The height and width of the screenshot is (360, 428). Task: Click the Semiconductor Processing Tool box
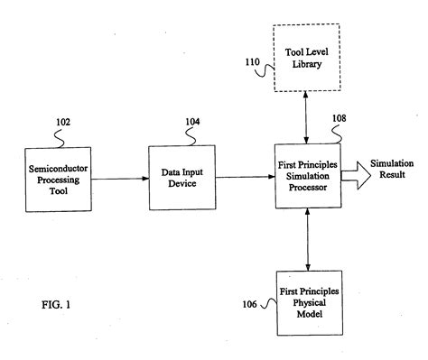[59, 180]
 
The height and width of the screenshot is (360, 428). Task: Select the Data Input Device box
[182, 178]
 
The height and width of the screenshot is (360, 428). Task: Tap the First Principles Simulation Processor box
[308, 176]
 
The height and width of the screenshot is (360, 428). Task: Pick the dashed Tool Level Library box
[307, 58]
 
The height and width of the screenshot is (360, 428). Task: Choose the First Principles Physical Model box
[310, 303]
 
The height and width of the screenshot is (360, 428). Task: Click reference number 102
[63, 123]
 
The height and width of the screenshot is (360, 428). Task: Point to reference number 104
[192, 122]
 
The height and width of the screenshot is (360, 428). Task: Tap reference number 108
[340, 118]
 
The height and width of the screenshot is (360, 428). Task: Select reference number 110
[252, 62]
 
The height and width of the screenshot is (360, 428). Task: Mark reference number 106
[250, 304]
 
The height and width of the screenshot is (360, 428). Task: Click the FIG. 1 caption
[56, 305]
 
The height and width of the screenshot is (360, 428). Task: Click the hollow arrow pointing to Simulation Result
[357, 176]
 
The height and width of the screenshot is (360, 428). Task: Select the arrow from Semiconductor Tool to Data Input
[120, 179]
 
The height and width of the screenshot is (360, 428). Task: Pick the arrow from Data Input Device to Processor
[246, 177]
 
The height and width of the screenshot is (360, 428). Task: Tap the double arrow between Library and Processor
[306, 117]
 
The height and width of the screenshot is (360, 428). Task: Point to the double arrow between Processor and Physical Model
[308, 239]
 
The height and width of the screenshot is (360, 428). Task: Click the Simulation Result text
[392, 169]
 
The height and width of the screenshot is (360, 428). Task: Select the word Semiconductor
[58, 169]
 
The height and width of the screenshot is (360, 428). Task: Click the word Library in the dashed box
[307, 64]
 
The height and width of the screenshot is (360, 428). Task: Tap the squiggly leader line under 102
[60, 138]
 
